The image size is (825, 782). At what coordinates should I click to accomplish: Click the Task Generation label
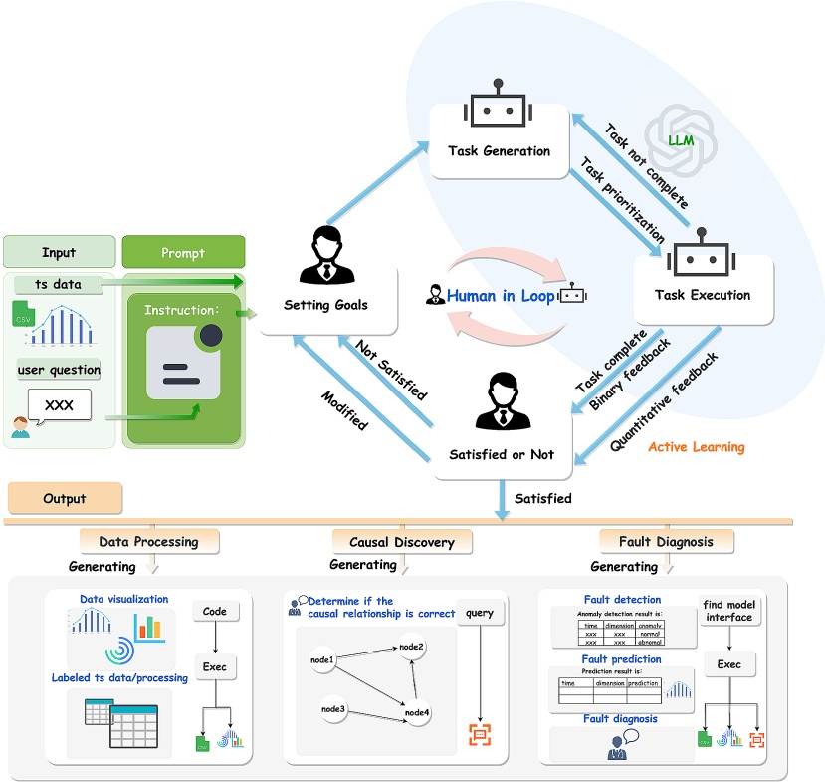(x=500, y=151)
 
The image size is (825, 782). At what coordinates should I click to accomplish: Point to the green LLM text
(x=682, y=140)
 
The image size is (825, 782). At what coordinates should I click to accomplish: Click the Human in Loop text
(x=501, y=296)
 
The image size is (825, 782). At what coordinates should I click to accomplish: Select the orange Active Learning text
(x=696, y=447)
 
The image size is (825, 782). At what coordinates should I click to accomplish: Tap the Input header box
(x=58, y=252)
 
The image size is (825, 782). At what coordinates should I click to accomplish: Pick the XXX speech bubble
(x=60, y=403)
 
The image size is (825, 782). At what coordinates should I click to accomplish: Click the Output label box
(x=65, y=498)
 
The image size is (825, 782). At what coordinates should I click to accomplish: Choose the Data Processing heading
(x=148, y=542)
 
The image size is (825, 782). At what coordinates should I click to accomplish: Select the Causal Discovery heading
(x=402, y=542)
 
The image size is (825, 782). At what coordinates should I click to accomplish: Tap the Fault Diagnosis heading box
(x=667, y=541)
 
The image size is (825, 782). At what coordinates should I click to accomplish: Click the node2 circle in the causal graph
(x=411, y=648)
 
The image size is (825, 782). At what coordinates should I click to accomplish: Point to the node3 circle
(x=333, y=708)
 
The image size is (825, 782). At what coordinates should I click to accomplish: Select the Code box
(x=215, y=611)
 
